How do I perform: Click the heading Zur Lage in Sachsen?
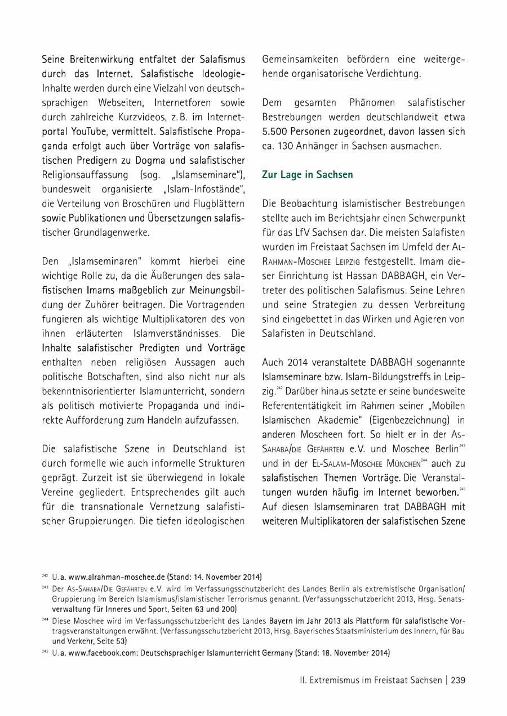click(x=308, y=175)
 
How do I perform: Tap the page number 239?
click(x=458, y=680)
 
